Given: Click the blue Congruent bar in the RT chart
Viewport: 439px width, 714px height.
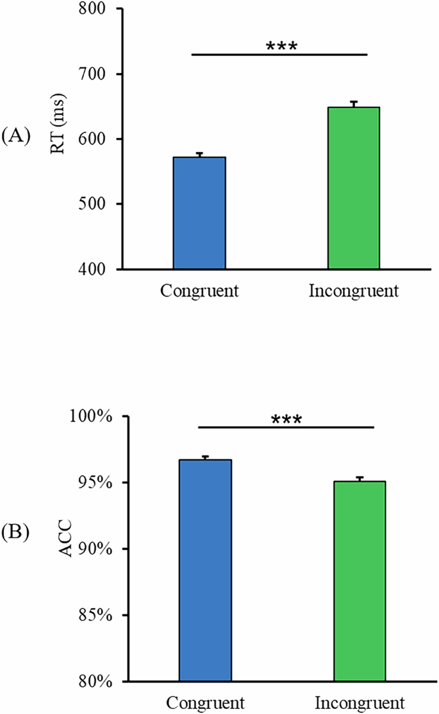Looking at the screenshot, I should [199, 213].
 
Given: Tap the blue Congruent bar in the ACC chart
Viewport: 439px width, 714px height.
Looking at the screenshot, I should [205, 570].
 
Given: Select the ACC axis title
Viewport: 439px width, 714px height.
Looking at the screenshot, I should [67, 549].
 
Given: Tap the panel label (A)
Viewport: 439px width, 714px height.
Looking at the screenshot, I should [16, 137].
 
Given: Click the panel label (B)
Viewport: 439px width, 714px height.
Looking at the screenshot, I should [16, 532].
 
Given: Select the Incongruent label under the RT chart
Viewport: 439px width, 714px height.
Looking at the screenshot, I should [354, 291].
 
